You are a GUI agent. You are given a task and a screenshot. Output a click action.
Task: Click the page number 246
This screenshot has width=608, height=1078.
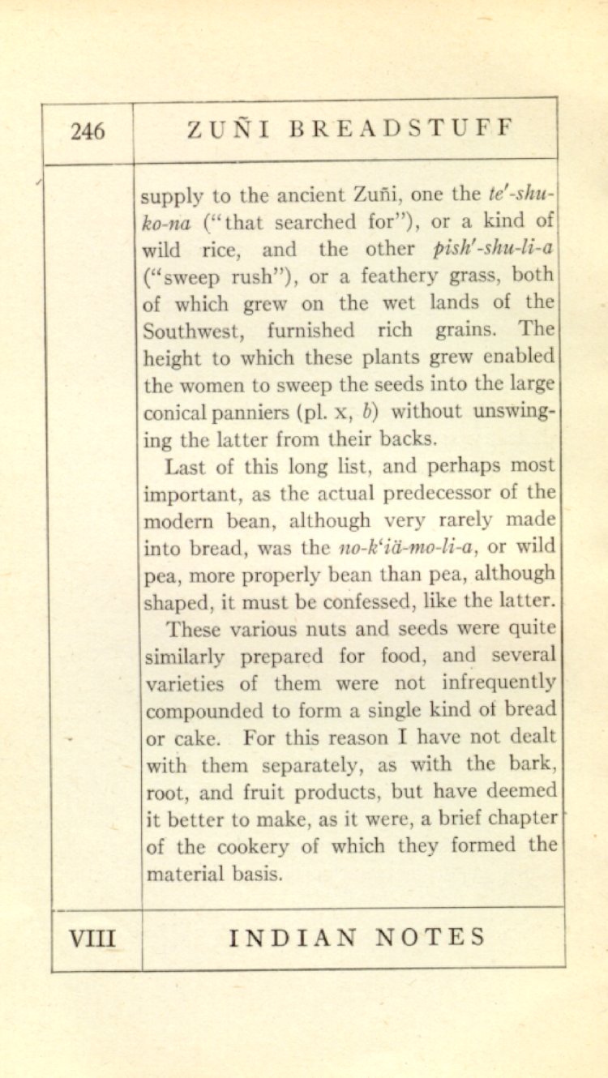[x=88, y=131]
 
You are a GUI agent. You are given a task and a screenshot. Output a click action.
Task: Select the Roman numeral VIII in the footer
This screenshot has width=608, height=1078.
[x=92, y=939]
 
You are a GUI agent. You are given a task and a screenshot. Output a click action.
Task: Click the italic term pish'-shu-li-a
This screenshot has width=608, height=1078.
[x=494, y=248]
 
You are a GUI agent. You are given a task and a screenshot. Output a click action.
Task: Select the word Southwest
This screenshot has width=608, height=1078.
[x=192, y=331]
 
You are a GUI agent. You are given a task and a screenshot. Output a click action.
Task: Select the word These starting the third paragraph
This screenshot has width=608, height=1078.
[x=194, y=629]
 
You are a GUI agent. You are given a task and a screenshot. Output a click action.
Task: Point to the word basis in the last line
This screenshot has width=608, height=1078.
[x=253, y=874]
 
